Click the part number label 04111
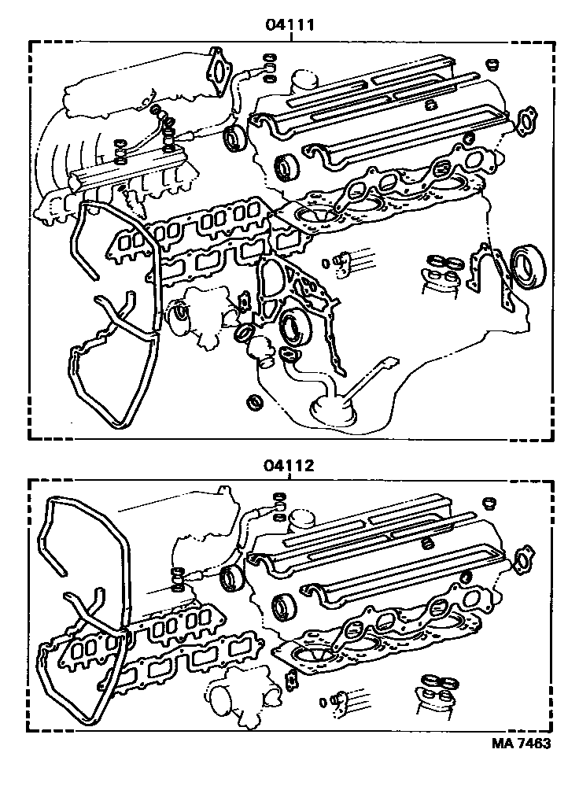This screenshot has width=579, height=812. point(290,24)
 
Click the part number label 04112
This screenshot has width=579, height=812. point(290,465)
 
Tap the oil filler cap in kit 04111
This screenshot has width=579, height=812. point(304,79)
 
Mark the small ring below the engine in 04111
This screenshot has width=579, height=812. point(256,403)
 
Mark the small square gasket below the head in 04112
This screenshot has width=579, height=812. point(292,675)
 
